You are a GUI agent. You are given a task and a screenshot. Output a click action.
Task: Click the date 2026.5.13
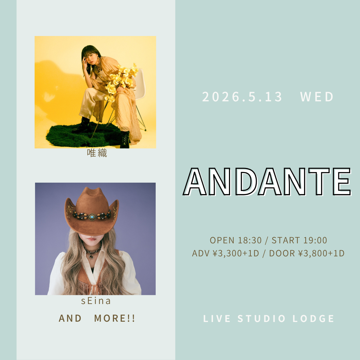[x=242, y=97]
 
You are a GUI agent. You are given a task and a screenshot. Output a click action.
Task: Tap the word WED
[x=317, y=97]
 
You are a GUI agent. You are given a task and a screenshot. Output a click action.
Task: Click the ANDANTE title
[x=267, y=182]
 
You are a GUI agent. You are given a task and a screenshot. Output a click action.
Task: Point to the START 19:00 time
[x=299, y=240]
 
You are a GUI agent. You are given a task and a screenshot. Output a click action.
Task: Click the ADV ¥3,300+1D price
[x=225, y=253]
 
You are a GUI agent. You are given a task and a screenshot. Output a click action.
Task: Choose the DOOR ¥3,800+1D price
[x=307, y=253]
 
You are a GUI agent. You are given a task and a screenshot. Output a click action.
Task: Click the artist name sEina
[x=96, y=301]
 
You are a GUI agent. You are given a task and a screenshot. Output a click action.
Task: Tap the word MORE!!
[x=115, y=318]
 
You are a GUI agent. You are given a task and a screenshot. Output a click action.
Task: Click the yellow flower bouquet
[x=120, y=80]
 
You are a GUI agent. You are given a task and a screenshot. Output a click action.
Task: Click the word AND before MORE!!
[x=70, y=318]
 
